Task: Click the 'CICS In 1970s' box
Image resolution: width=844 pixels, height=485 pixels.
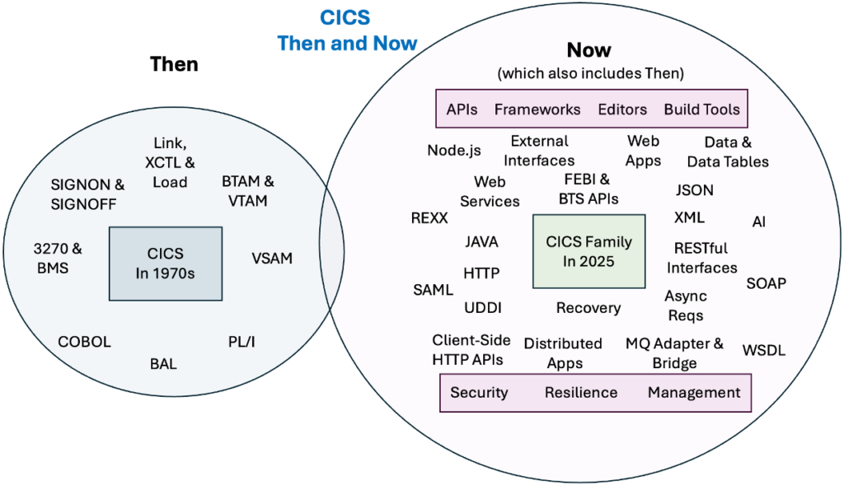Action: [x=165, y=263]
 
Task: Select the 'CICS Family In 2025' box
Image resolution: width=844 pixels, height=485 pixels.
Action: [x=588, y=251]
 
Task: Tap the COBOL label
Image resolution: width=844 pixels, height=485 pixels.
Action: [x=84, y=342]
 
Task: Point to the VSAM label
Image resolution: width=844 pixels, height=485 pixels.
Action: [x=272, y=259]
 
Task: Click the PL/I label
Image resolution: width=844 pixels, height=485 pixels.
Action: [x=241, y=341]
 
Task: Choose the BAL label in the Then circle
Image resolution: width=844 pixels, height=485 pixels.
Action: [x=163, y=363]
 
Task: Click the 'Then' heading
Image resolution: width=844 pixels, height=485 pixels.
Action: [x=174, y=64]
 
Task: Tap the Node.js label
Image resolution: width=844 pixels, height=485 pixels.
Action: [x=453, y=150]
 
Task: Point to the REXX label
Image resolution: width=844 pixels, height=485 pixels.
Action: [x=429, y=218]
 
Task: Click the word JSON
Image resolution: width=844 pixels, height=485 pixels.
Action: [x=694, y=190]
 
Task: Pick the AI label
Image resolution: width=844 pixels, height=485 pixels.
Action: [x=758, y=222]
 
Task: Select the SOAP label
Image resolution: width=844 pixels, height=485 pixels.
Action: [x=766, y=283]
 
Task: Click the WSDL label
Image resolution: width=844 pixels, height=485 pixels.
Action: [x=764, y=351]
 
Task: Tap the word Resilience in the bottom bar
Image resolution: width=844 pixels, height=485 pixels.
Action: [x=580, y=393]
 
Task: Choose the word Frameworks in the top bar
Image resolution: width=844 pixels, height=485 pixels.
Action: [x=537, y=109]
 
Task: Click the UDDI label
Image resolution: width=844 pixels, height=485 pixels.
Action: [x=482, y=308]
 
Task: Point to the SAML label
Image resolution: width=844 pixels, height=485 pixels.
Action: [x=433, y=290]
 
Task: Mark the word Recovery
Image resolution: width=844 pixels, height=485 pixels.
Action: [x=588, y=308]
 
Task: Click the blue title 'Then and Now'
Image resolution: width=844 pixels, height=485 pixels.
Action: [x=347, y=42]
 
